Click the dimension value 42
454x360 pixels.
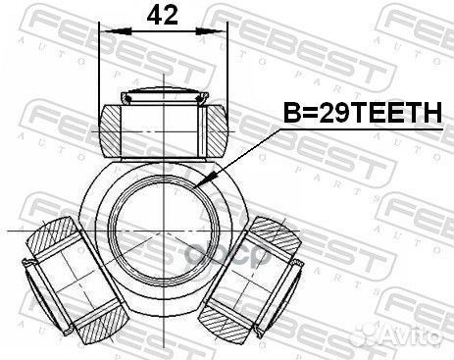coord(163,17)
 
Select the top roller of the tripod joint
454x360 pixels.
coord(163,124)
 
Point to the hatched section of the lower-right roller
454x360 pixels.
coord(279,235)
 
